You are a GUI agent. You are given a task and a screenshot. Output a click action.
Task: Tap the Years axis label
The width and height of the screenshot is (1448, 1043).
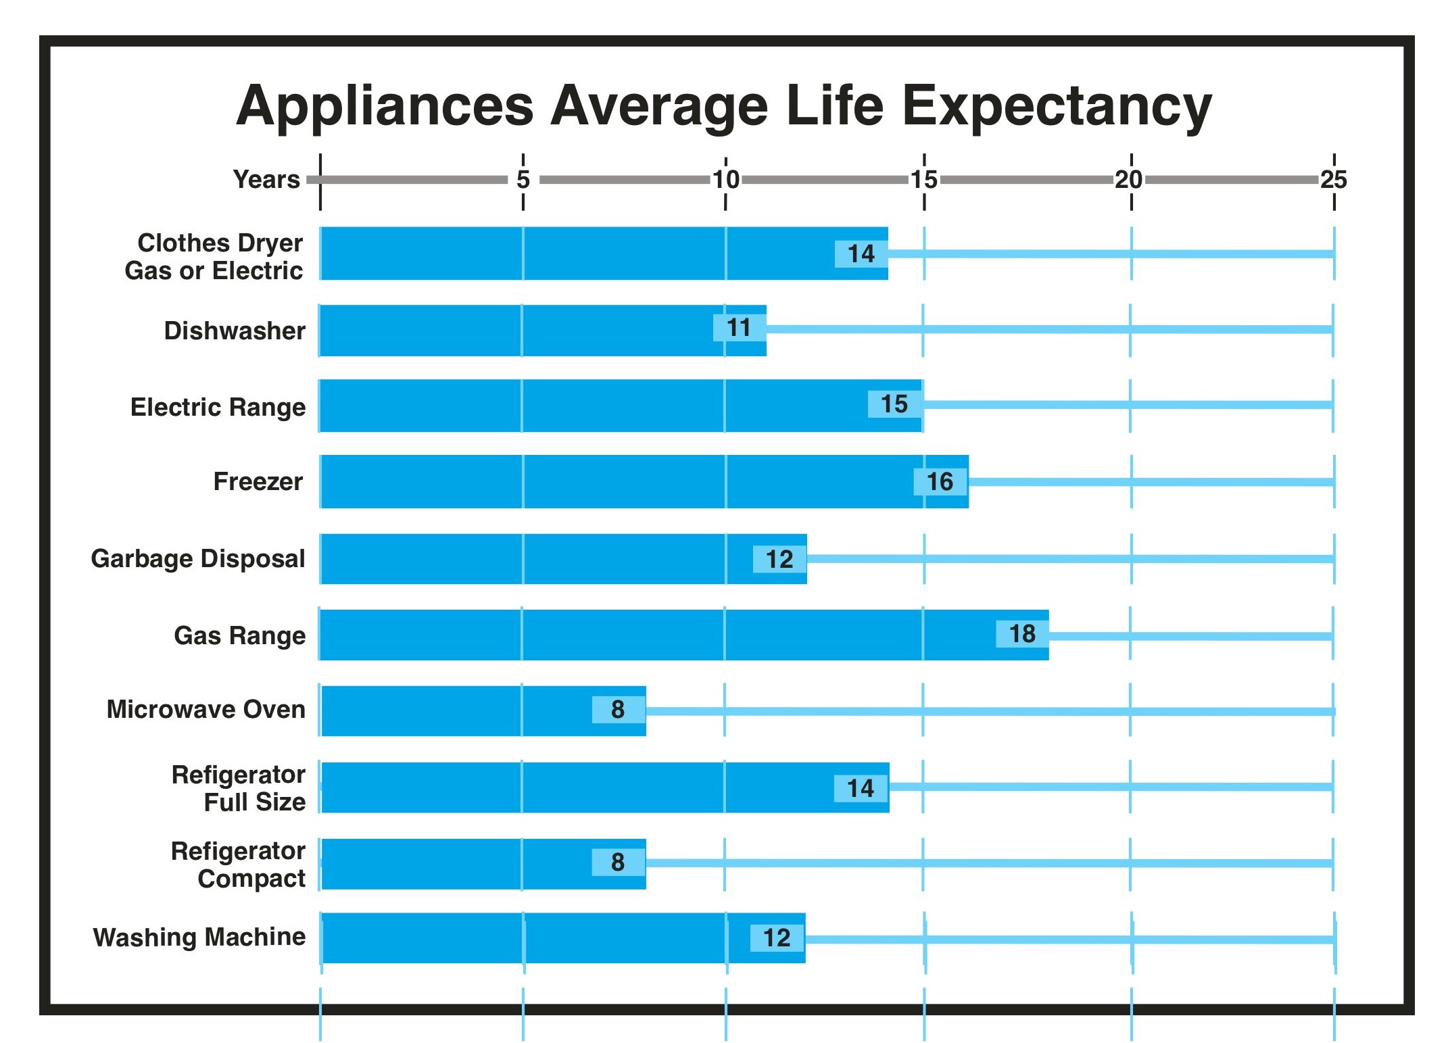(x=266, y=179)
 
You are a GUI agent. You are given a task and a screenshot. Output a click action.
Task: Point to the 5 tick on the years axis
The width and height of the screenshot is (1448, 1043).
(x=523, y=179)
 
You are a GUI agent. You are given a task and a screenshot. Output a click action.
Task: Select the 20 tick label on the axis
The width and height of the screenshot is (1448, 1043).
(x=1128, y=179)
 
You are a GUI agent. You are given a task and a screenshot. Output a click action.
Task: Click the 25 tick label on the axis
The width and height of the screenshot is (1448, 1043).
(x=1333, y=179)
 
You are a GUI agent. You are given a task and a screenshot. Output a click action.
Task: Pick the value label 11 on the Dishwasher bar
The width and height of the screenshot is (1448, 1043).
(x=739, y=328)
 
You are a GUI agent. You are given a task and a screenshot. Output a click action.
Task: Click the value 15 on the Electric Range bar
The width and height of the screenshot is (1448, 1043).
(x=894, y=404)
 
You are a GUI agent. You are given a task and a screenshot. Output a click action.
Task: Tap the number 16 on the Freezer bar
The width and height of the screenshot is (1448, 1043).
(x=940, y=482)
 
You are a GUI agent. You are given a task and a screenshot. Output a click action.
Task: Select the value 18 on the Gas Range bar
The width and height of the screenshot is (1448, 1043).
(x=1022, y=634)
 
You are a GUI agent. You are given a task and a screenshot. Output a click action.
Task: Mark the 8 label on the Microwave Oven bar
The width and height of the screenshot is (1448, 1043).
(x=618, y=710)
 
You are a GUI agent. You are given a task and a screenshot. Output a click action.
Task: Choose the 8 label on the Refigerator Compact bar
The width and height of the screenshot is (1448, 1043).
(x=618, y=863)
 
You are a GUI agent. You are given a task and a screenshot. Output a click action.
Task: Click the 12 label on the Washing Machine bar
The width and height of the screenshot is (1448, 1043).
(x=777, y=938)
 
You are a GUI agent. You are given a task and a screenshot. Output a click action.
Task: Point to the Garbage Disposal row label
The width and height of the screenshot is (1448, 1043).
(x=198, y=559)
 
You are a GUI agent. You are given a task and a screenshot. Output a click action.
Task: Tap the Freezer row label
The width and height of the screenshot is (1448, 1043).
(x=258, y=481)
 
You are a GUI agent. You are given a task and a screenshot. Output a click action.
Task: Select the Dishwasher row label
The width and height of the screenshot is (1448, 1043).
(x=235, y=331)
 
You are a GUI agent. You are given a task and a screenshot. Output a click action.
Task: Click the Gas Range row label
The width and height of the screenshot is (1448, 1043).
(x=239, y=635)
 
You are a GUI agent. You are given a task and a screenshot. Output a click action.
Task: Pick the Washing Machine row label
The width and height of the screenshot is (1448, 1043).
(x=199, y=937)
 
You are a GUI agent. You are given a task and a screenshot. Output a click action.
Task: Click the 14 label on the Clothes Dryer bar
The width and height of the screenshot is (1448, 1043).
(x=861, y=254)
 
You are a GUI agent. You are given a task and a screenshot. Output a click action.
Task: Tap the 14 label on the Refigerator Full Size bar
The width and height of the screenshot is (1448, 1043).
(x=861, y=788)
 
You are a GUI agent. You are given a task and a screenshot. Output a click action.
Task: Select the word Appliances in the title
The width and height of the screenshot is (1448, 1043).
(x=385, y=107)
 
